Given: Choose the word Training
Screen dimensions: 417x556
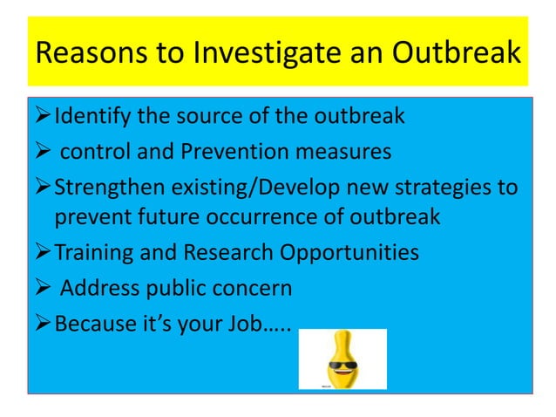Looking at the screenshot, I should (x=92, y=253).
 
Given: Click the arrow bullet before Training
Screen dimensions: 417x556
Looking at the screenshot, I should (x=43, y=253).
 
